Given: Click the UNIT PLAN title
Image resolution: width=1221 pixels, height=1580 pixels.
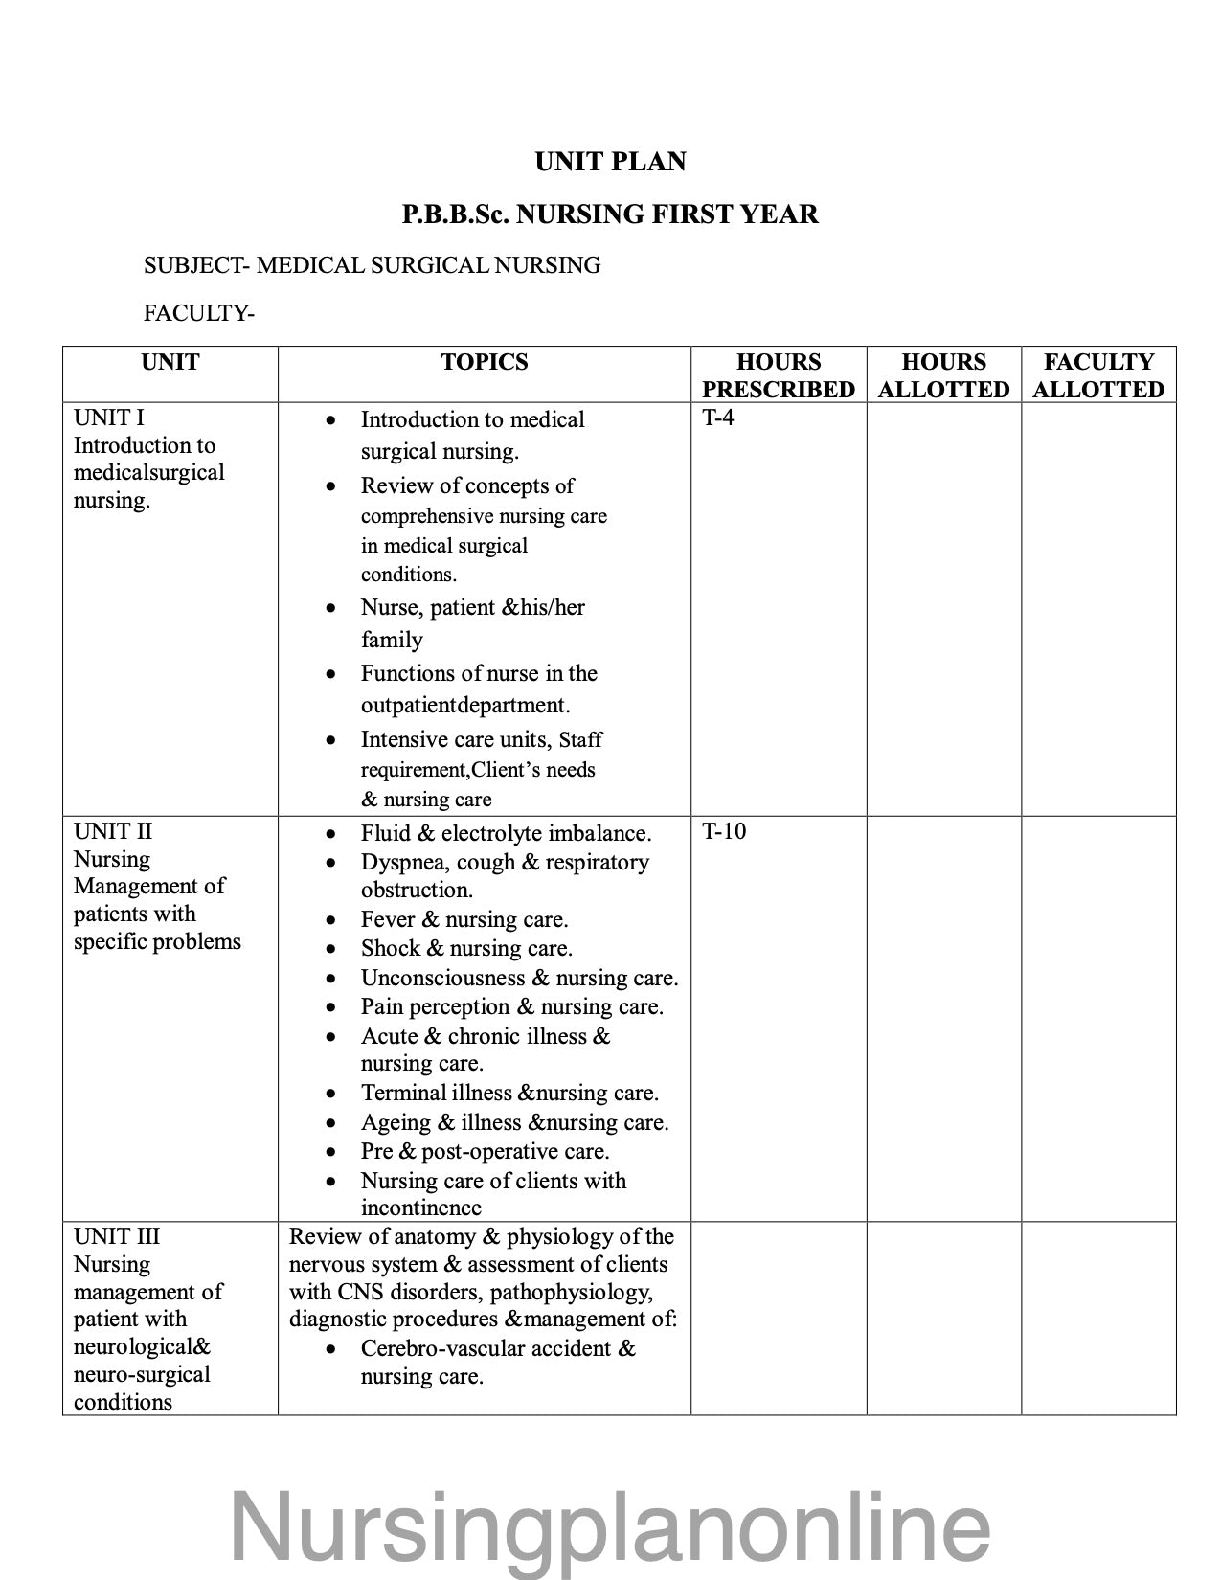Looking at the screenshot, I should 610,162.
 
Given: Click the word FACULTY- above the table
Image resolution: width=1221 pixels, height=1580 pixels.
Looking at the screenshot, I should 198,313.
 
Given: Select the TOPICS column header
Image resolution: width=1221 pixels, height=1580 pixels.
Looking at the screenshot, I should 484,362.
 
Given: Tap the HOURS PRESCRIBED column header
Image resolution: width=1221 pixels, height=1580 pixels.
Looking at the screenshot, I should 778,375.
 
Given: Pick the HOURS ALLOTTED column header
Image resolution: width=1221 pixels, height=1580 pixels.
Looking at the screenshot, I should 943,375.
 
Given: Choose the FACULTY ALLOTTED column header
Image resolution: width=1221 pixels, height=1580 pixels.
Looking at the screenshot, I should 1097,375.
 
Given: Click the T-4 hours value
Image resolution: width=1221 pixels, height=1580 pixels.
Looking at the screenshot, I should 718,418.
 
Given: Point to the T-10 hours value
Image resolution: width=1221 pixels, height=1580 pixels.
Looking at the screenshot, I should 724,831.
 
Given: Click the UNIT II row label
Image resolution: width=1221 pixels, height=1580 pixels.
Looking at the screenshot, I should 113,831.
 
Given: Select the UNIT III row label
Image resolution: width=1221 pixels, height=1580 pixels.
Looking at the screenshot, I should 117,1236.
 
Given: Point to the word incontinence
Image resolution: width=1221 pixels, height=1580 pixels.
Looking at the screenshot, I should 420,1208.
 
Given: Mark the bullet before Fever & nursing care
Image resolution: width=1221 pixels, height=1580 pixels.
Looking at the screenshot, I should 330,921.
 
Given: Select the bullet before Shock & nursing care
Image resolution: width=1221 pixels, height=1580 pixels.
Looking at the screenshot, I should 330,950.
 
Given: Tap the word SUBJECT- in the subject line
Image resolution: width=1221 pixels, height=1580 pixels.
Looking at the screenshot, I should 195,265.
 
